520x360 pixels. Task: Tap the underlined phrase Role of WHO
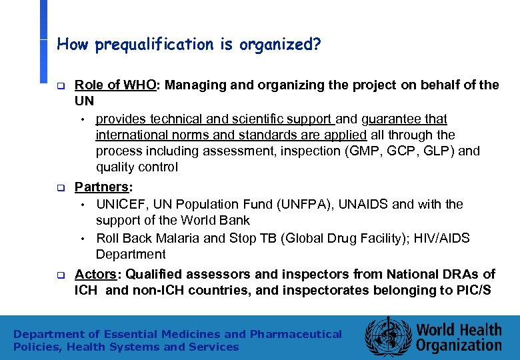pyautogui.click(x=115, y=85)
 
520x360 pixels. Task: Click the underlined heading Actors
pyautogui.click(x=97, y=274)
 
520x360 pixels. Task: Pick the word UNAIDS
pyautogui.click(x=359, y=204)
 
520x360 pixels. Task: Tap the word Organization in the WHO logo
pyautogui.click(x=459, y=345)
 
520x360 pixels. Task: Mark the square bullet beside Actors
pyautogui.click(x=59, y=275)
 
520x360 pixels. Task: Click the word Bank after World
pyautogui.click(x=235, y=220)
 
